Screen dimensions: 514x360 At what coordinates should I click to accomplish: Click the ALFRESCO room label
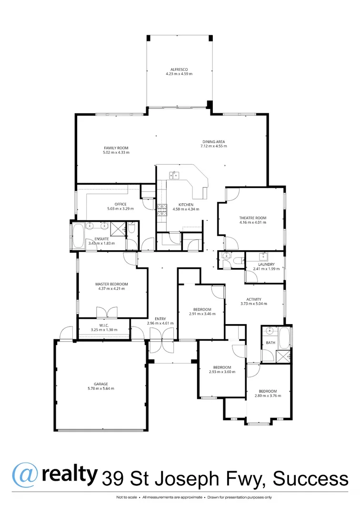pos(179,69)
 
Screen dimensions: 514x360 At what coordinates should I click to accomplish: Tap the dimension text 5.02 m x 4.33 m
pos(116,153)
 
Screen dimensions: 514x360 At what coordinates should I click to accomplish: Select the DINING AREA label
pos(213,142)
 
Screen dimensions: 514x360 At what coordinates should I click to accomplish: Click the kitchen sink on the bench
pos(174,175)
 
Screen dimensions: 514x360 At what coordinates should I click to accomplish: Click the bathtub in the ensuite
pos(76,236)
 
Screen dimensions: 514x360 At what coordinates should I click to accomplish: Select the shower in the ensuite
pos(117,228)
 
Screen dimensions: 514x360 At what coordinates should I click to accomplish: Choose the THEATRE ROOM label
pos(252,218)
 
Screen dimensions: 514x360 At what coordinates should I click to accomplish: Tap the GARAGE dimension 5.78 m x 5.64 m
pos(100,388)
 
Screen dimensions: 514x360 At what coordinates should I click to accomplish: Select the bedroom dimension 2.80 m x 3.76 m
pos(265,396)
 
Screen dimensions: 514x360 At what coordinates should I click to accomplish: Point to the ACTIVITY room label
pos(250,299)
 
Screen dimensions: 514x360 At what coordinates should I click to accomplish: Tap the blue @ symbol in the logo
pos(22,475)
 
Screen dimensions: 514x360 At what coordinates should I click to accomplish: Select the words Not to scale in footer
pos(126,497)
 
